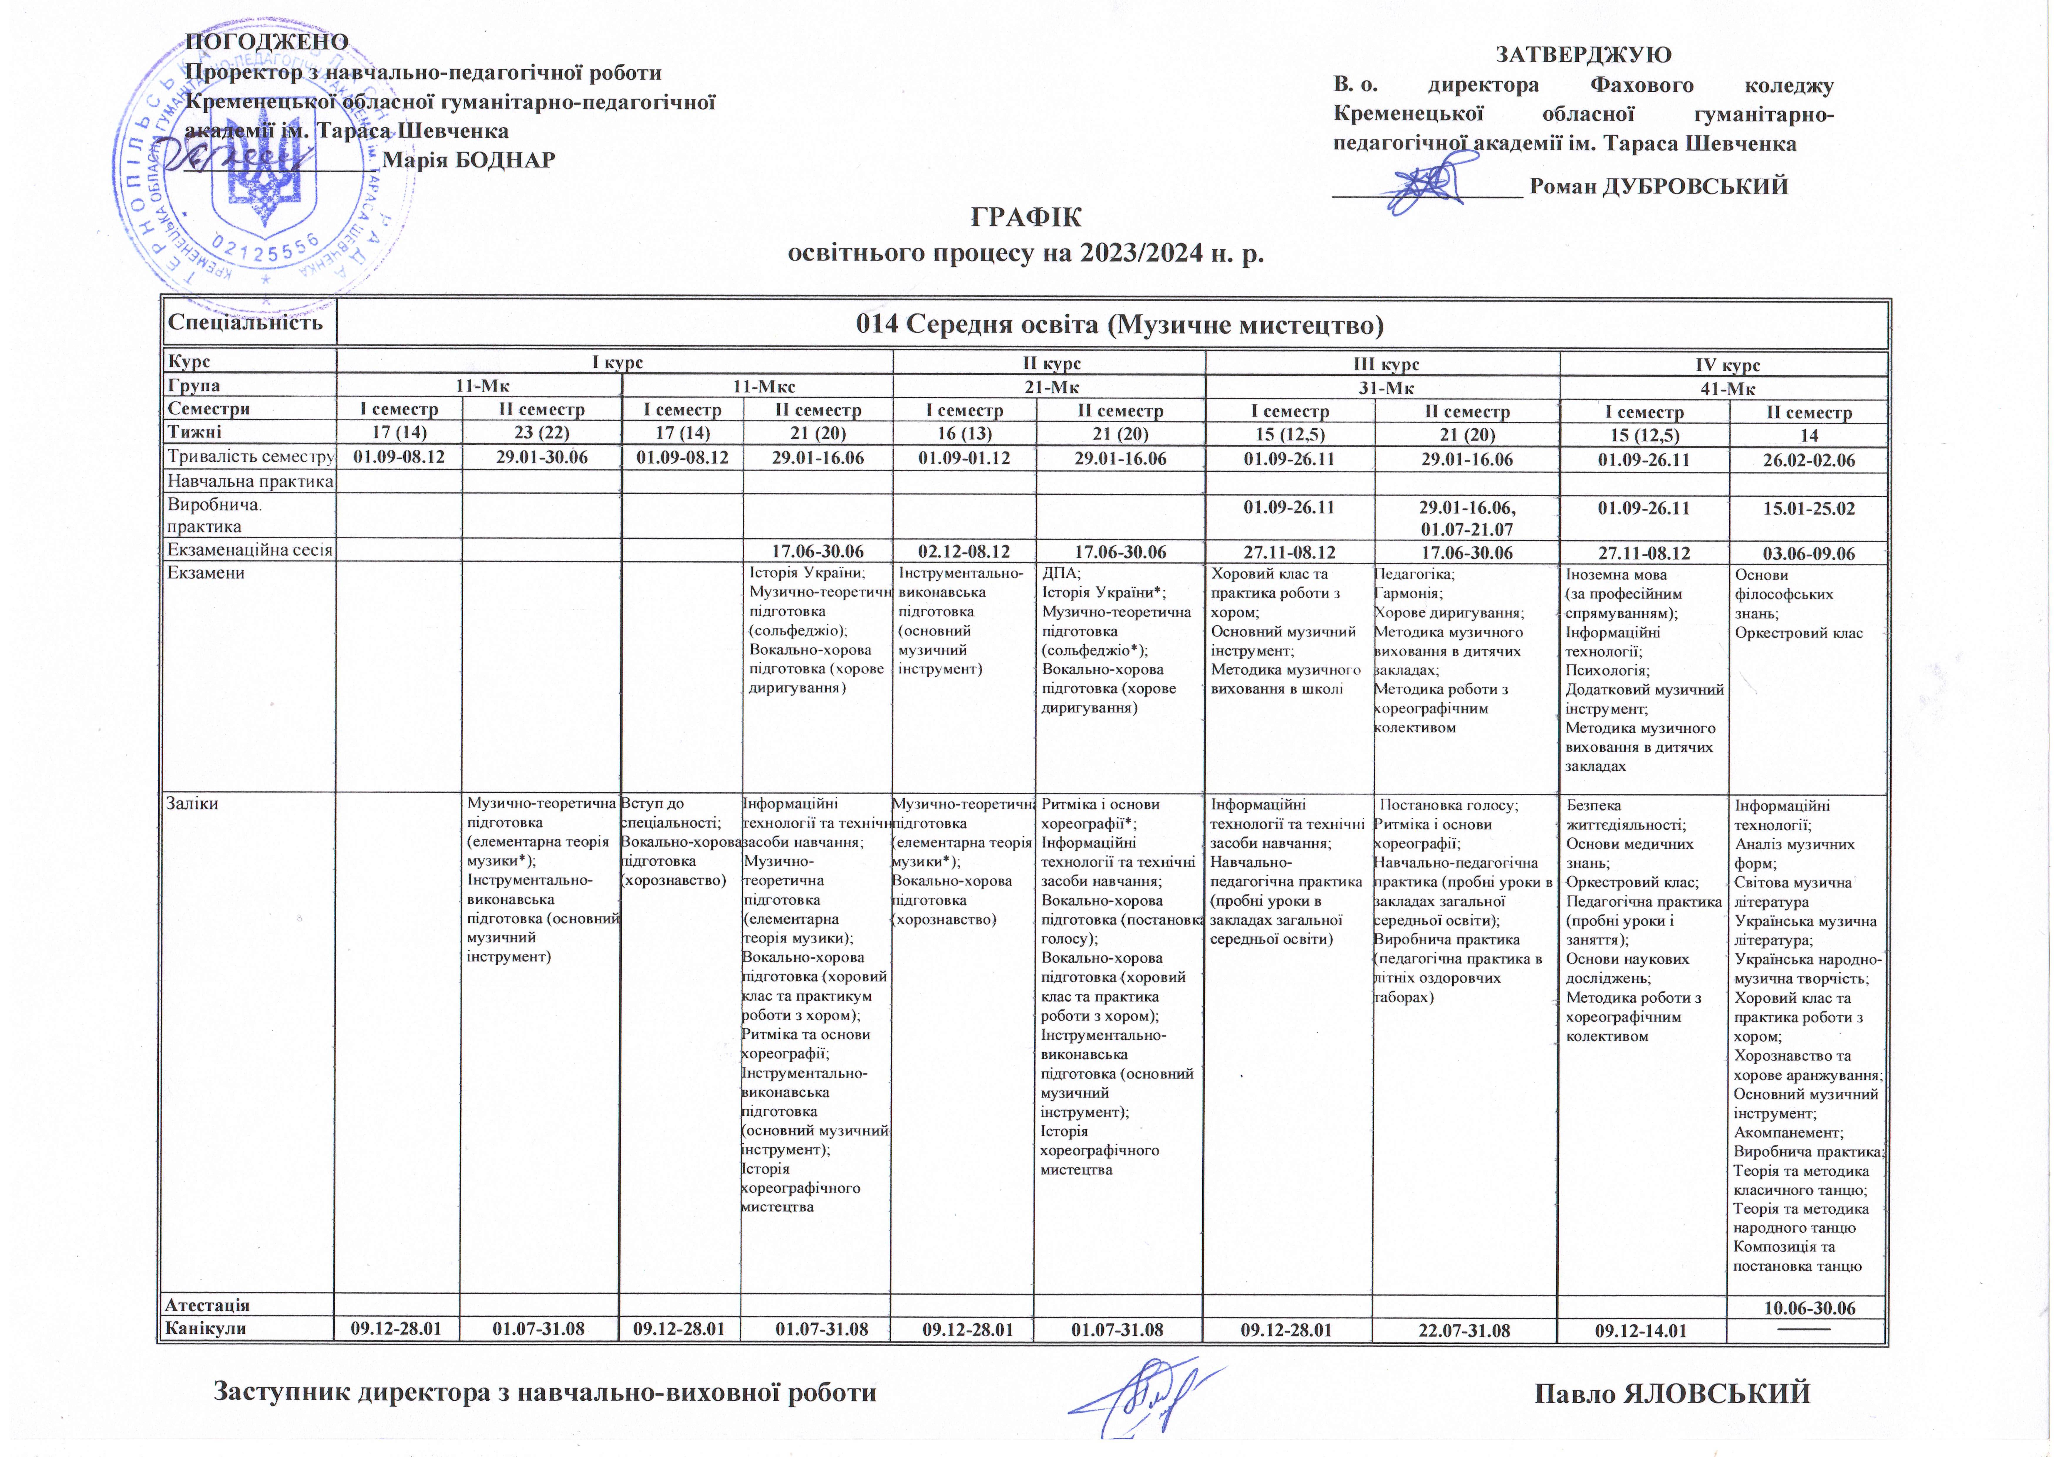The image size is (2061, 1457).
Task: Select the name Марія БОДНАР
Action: click(x=469, y=160)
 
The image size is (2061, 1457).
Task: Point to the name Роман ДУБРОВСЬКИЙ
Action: click(x=1659, y=187)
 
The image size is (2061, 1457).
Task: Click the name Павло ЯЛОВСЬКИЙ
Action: click(x=1671, y=1393)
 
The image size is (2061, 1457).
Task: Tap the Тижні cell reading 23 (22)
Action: click(x=541, y=433)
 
